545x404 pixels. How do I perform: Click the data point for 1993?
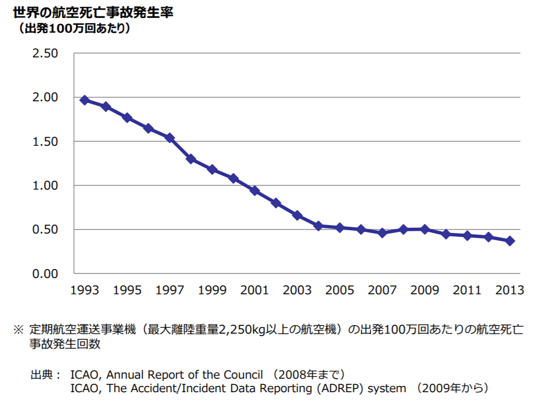[84, 100]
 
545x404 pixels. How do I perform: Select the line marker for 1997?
[170, 138]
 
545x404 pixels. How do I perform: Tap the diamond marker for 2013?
[510, 241]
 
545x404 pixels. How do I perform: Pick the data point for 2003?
[297, 216]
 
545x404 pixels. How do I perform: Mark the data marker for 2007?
[382, 232]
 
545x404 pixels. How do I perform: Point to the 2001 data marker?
[255, 191]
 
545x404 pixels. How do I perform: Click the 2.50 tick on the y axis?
[45, 53]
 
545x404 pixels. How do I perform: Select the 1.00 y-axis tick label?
[45, 186]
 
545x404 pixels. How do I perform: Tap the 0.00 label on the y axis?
[45, 273]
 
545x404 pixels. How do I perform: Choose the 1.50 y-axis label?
[45, 142]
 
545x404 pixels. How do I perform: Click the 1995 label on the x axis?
[127, 290]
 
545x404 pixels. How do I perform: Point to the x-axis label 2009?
[425, 290]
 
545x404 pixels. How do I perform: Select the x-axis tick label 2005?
[339, 290]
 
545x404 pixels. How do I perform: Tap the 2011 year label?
[467, 290]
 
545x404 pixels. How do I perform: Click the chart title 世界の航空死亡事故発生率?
[93, 12]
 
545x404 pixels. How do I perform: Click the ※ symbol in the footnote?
[19, 330]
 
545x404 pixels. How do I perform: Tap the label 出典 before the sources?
[42, 374]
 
